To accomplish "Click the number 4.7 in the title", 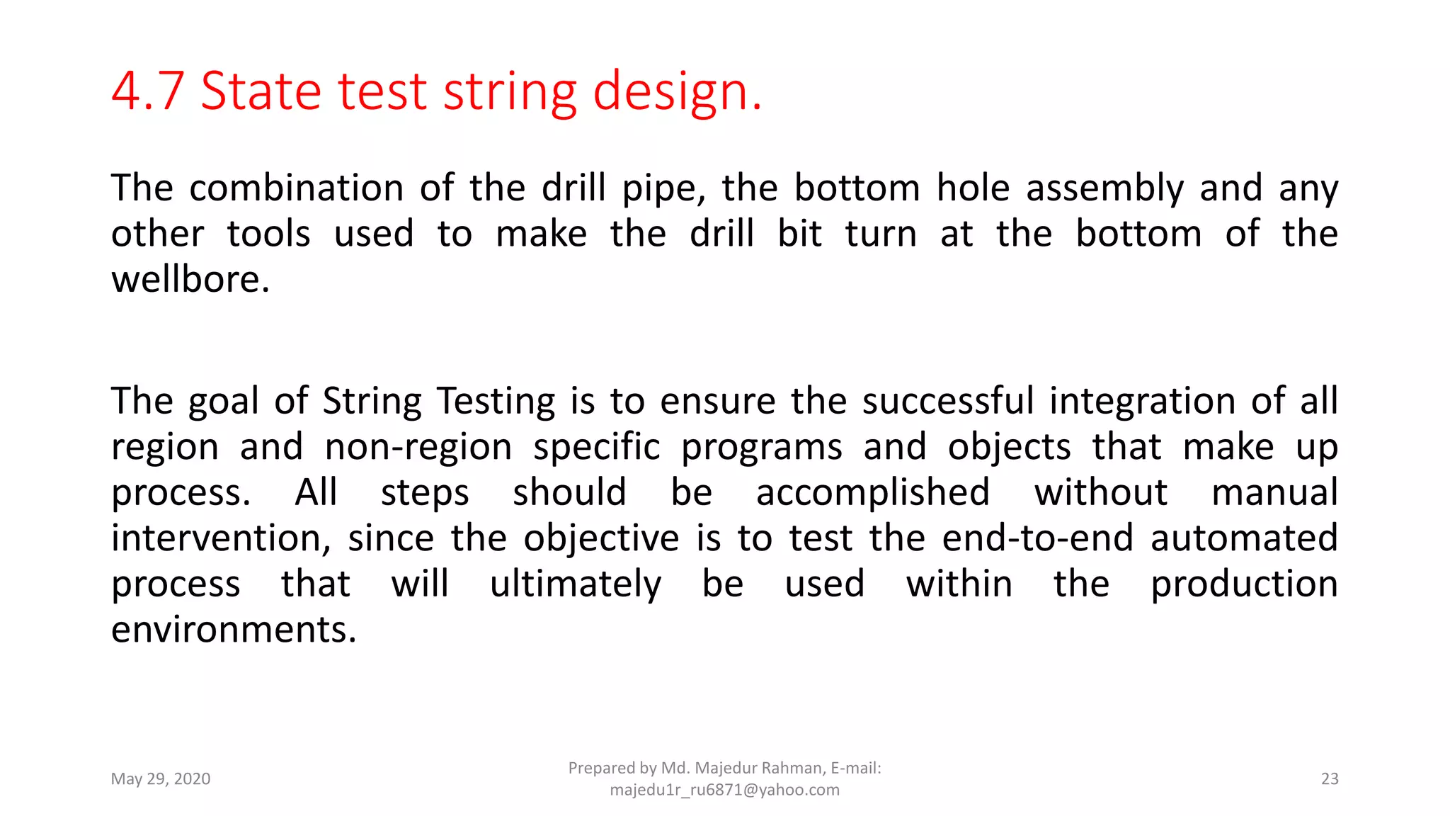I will point(147,91).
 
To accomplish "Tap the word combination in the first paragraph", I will point(296,188).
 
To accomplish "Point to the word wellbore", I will point(190,280).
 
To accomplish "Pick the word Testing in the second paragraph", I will point(496,402).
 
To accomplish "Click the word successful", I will point(948,402).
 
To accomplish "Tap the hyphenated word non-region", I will point(418,448).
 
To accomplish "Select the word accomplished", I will point(872,493).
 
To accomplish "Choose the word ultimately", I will point(575,585).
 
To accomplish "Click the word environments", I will point(233,630).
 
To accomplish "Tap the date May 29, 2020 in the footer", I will point(161,779).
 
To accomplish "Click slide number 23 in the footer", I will point(1330,779).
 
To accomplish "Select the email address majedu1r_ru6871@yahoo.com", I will point(724,790).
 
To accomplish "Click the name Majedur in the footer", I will point(725,769).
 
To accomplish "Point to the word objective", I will point(602,539).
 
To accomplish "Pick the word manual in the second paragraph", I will point(1274,493).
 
